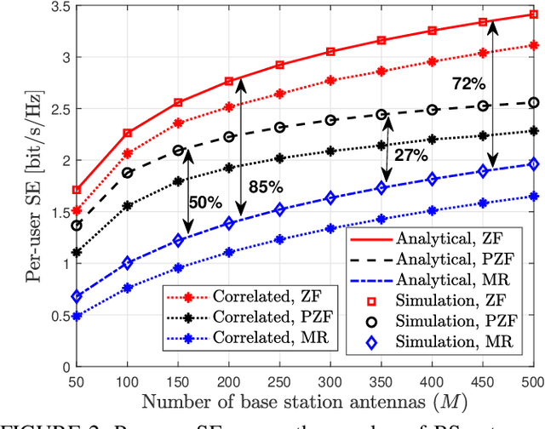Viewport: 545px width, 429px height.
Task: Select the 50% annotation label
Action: point(204,203)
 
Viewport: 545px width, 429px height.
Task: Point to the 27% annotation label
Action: point(410,154)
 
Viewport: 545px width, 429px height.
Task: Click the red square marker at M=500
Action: point(534,14)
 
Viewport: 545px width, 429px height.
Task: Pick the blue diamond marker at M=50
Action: point(77,296)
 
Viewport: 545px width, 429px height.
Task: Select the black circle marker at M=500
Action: point(534,103)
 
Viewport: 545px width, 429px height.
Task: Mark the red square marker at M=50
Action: point(77,190)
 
